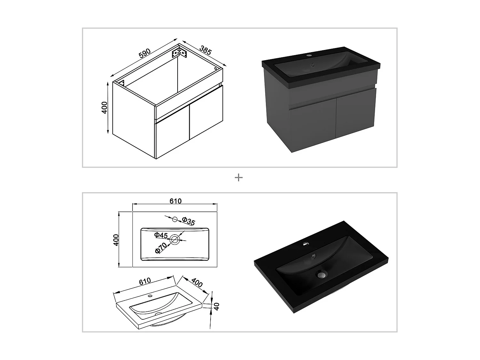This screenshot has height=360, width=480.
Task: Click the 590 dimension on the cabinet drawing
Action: pos(145,53)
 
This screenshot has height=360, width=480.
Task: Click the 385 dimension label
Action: pos(205,50)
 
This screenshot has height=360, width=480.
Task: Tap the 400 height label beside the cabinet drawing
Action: pos(105,108)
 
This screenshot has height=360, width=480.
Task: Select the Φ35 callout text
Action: pos(188,221)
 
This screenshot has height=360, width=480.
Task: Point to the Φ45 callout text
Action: pos(161,235)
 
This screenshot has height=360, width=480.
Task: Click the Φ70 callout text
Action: pos(161,248)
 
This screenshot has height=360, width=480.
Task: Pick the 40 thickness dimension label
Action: pos(217,307)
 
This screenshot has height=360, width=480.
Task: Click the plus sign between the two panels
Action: pos(239,178)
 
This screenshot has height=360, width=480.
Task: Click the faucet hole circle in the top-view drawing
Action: pos(175,219)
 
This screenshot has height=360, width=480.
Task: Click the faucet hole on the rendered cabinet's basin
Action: pos(309,55)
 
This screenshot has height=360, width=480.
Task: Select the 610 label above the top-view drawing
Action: pos(175,201)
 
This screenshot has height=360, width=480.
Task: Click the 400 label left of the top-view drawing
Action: pos(116,240)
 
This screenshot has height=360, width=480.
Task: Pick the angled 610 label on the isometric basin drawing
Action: pos(145,281)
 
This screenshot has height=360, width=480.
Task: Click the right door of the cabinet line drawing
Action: pos(206,111)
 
